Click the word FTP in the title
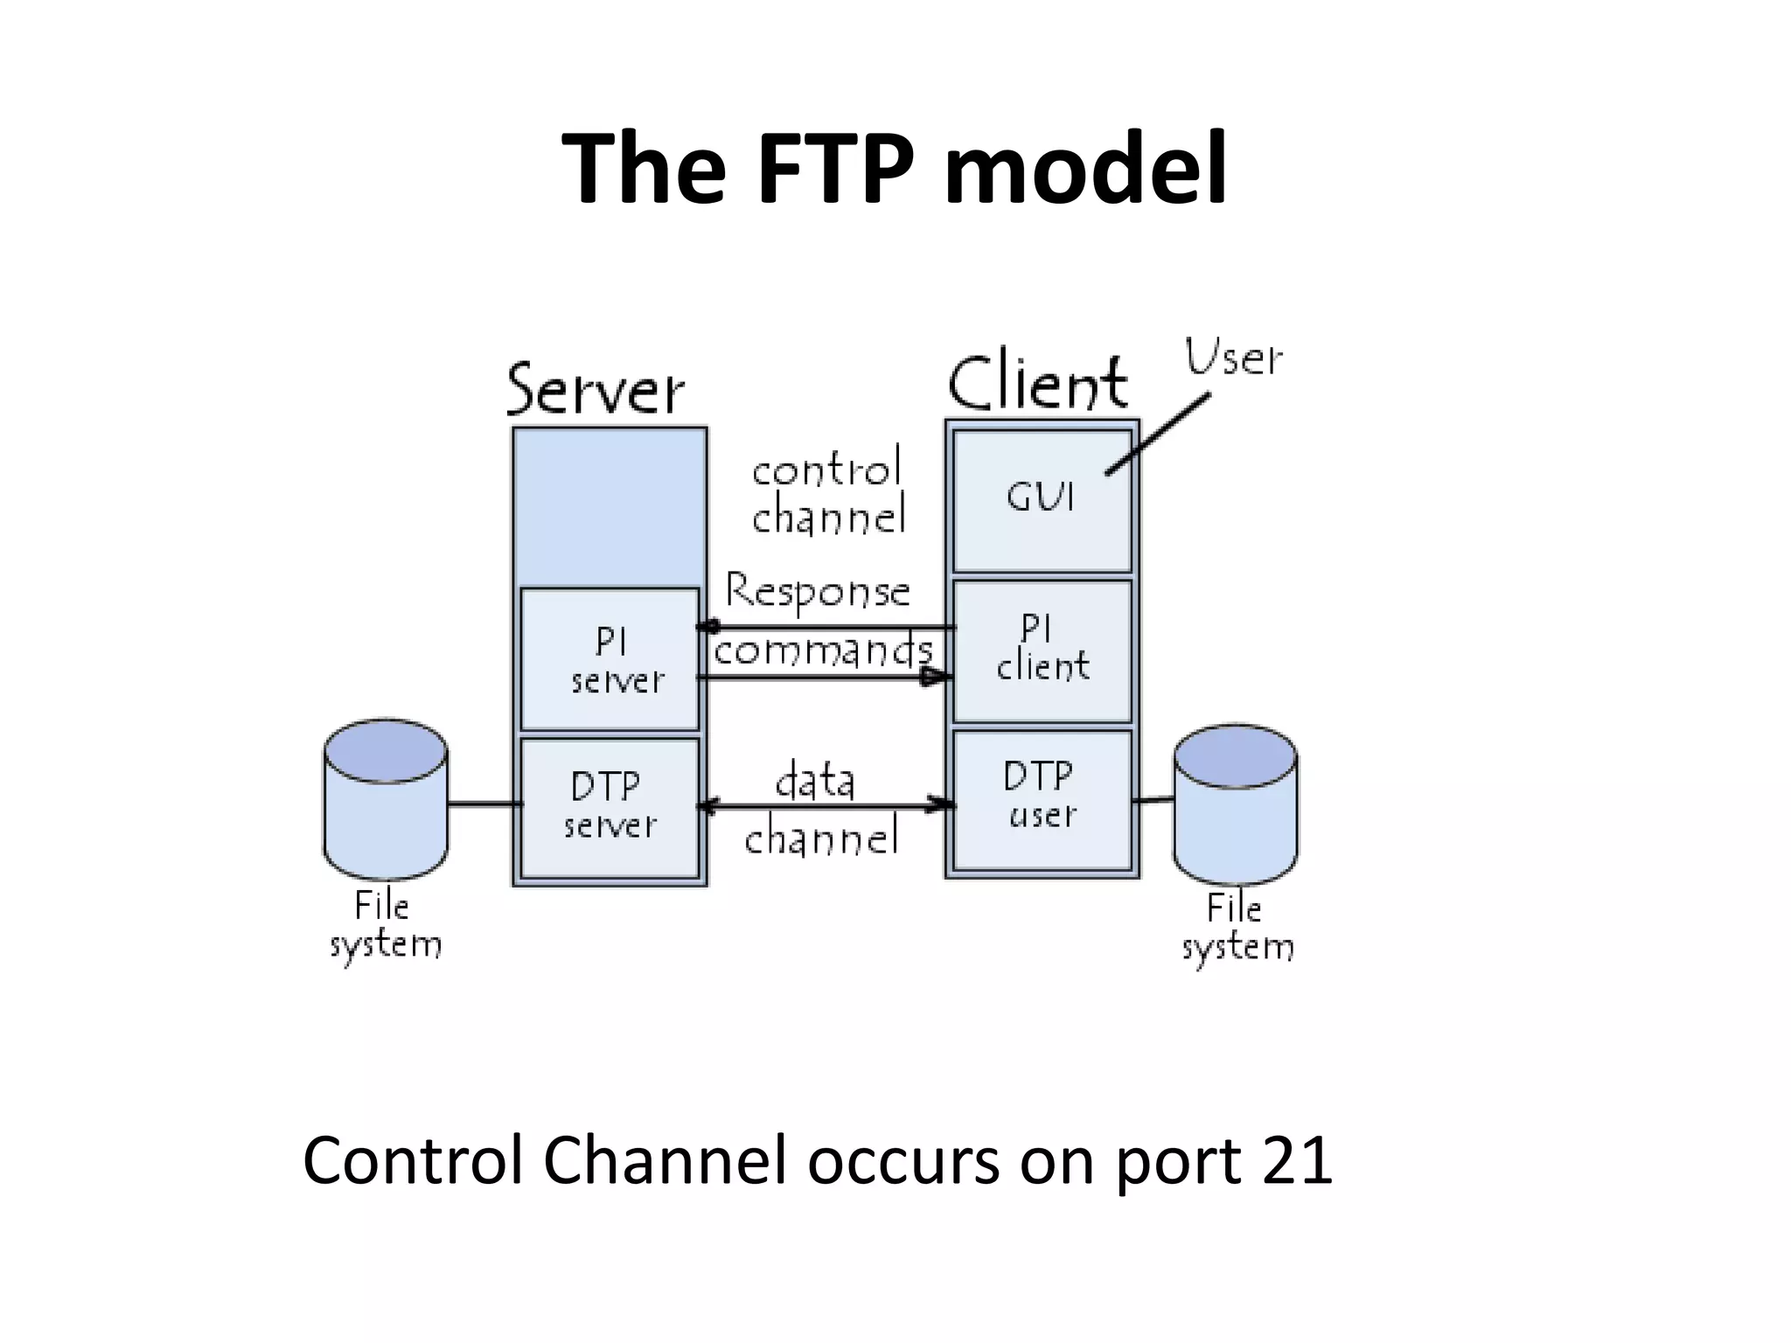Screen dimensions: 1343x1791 (838, 168)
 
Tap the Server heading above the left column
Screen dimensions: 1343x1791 (595, 389)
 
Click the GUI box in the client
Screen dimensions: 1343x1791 (1041, 500)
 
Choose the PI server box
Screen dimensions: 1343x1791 (610, 660)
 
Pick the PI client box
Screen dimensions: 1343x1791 (1042, 651)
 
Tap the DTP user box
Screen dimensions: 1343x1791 (1041, 798)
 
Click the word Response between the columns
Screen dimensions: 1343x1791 (818, 592)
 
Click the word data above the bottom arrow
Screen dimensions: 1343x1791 (815, 781)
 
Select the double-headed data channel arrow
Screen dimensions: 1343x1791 (826, 806)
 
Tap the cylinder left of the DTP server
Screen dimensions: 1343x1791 (386, 800)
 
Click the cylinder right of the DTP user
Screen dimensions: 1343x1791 (1235, 804)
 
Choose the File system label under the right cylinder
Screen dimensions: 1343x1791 (1237, 928)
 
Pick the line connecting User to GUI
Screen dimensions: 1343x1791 (1159, 434)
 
